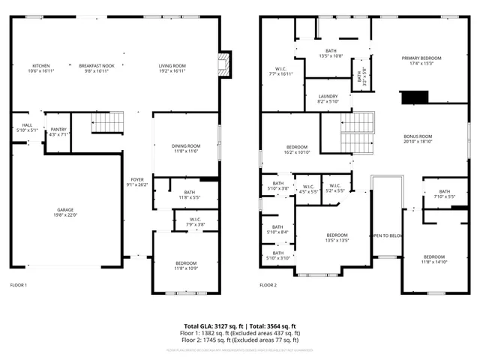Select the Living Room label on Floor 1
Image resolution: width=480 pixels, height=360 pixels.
172,66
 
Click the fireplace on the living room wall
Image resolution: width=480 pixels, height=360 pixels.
223,64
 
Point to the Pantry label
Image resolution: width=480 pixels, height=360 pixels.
58,130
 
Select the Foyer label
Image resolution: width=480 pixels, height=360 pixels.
137,180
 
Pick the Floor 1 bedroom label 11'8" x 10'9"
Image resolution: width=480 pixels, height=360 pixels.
186,262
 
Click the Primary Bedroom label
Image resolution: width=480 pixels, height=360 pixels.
421,58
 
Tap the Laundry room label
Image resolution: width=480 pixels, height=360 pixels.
328,96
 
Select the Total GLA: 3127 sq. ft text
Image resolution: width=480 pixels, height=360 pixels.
213,326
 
